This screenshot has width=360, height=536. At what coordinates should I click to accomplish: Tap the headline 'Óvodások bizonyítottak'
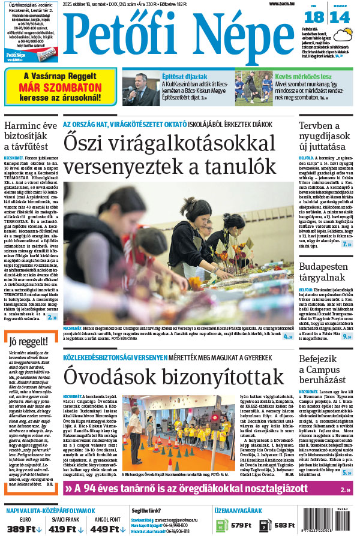(173, 377)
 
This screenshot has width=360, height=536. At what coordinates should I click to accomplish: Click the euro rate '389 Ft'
(21, 528)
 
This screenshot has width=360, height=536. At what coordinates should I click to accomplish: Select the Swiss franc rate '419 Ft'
(62, 528)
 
